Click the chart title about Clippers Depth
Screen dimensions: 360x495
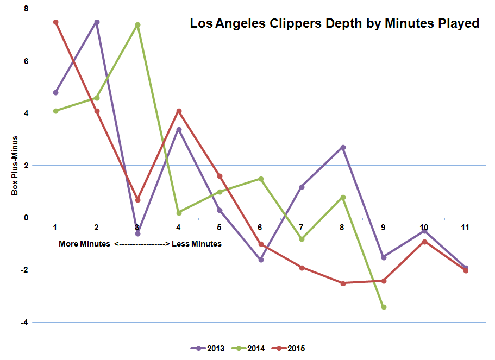pos(334,24)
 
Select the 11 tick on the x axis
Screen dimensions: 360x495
pos(466,227)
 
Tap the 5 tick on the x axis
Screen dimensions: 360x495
pos(220,227)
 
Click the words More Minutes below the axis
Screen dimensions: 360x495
pos(85,244)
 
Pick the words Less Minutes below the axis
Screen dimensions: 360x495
pos(197,244)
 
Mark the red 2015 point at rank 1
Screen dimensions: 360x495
pos(55,22)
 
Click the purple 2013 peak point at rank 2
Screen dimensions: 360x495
pos(97,22)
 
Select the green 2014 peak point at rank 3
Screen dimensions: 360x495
pos(137,24)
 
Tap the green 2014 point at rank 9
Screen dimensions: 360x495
pos(384,307)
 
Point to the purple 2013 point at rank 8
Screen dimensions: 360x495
pos(343,147)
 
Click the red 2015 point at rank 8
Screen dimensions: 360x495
pos(343,283)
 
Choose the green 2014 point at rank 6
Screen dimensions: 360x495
pos(261,179)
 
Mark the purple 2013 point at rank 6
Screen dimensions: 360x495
pos(261,260)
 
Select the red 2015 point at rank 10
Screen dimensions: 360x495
pos(425,242)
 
